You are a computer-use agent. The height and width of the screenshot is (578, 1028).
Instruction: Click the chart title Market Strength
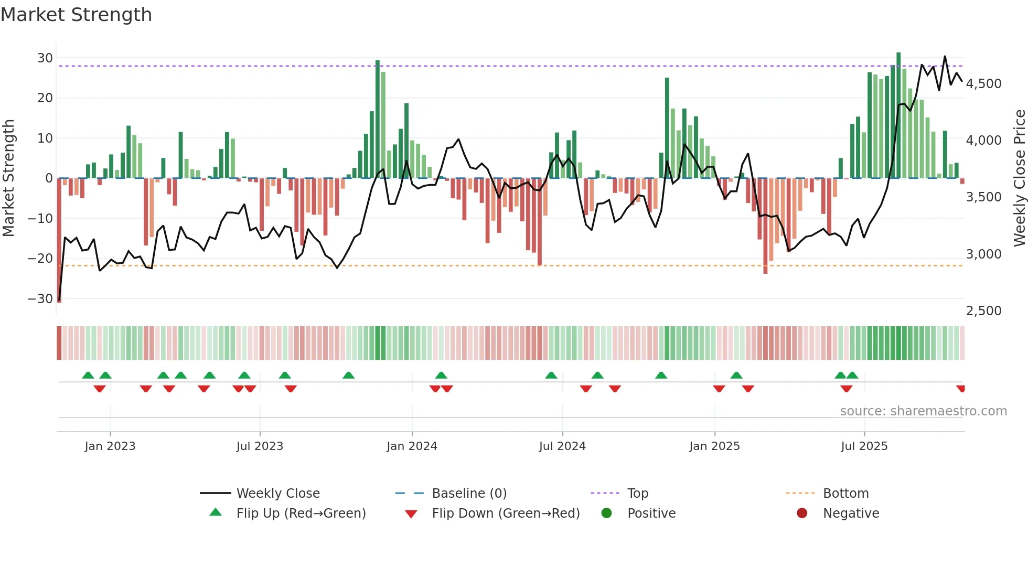tap(76, 15)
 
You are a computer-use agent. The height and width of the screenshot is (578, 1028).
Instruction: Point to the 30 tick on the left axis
tap(45, 58)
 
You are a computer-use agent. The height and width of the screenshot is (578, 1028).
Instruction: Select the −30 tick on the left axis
tap(41, 299)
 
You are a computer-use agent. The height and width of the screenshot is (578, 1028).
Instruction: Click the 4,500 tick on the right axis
tap(983, 84)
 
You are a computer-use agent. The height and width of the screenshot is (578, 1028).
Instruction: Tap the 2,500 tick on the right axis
tap(983, 311)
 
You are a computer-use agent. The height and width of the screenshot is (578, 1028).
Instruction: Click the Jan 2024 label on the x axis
tap(412, 446)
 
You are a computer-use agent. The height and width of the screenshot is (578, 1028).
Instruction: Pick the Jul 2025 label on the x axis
tap(864, 446)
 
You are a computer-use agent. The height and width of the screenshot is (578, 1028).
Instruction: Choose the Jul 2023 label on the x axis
tap(260, 446)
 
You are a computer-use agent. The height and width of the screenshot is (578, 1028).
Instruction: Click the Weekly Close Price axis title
tap(1019, 178)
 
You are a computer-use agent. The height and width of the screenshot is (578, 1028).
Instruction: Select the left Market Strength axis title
tap(8, 178)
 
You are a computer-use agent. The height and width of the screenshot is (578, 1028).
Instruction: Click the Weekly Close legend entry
tap(277, 494)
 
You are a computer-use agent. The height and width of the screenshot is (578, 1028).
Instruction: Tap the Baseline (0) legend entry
tap(469, 494)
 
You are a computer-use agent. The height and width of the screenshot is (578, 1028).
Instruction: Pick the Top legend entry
tap(637, 494)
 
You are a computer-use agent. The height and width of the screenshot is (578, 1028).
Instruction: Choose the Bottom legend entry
tap(845, 494)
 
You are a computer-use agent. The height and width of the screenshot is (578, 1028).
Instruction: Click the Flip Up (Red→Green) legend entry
tap(301, 513)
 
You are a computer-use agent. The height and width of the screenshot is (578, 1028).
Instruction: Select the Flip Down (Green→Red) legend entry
tap(506, 513)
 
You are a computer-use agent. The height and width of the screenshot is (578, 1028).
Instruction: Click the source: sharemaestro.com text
tap(923, 411)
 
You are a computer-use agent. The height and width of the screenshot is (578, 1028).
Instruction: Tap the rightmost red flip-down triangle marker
tap(960, 389)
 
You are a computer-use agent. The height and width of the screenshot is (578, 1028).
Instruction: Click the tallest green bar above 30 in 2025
tap(898, 115)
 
